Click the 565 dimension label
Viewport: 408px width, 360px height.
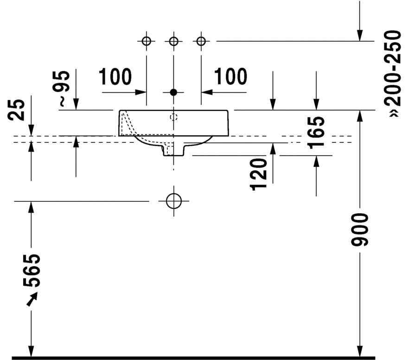pyautogui.click(x=32, y=270)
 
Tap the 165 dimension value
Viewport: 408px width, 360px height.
pyautogui.click(x=317, y=132)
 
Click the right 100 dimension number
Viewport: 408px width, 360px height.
pyautogui.click(x=230, y=77)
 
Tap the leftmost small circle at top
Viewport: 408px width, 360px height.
pyautogui.click(x=147, y=41)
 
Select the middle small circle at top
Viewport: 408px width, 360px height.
pyautogui.click(x=173, y=41)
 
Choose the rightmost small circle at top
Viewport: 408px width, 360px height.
pyautogui.click(x=201, y=41)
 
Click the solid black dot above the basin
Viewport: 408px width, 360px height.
pyautogui.click(x=173, y=92)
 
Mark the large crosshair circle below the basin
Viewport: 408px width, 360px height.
pyautogui.click(x=173, y=201)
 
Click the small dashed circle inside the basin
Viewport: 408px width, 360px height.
pyautogui.click(x=173, y=117)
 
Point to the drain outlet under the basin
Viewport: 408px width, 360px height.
pyautogui.click(x=173, y=150)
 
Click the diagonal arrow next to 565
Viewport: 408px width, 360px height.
pyautogui.click(x=32, y=299)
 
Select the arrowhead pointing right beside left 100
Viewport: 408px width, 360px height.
pyautogui.click(x=141, y=92)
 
